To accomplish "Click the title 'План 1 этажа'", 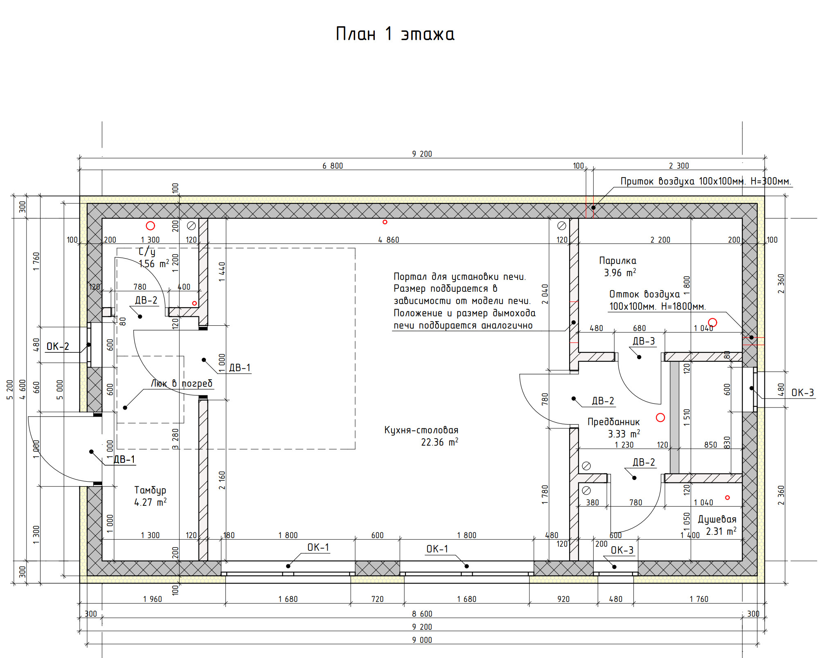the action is click(x=395, y=34).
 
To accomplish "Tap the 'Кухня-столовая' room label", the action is click(x=421, y=430).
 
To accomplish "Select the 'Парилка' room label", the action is click(x=617, y=261).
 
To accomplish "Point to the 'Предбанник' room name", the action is click(x=613, y=422).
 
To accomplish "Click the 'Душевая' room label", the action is click(x=717, y=519).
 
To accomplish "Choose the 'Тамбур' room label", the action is click(x=150, y=490).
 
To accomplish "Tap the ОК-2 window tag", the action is click(x=58, y=347).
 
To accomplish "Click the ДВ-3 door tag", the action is click(x=644, y=341).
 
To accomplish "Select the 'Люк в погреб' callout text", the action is click(x=182, y=383).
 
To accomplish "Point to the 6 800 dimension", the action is click(x=333, y=166).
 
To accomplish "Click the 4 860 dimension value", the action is click(x=388, y=240).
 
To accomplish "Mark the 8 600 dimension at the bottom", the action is click(x=422, y=614).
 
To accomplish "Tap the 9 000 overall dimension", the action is click(x=422, y=640).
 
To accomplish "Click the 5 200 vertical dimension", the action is click(x=10, y=390).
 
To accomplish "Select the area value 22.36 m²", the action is click(x=439, y=442).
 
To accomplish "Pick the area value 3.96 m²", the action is click(x=620, y=273).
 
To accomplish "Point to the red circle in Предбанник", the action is click(x=660, y=417).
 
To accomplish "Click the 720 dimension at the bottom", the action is click(x=377, y=599).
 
